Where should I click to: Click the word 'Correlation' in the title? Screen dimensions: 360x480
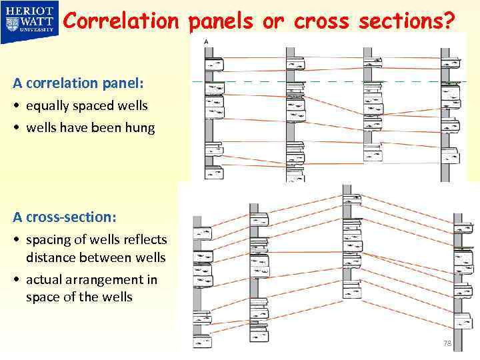[x=121, y=21]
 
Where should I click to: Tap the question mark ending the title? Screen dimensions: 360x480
[x=449, y=21]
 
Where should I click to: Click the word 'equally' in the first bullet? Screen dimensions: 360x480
[x=47, y=106]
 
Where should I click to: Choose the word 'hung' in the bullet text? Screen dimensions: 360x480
[x=141, y=127]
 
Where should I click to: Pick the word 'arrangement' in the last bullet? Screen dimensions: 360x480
[x=103, y=279]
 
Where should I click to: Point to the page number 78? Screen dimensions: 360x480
[x=447, y=343]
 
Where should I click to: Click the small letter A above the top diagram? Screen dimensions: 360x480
[x=206, y=41]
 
